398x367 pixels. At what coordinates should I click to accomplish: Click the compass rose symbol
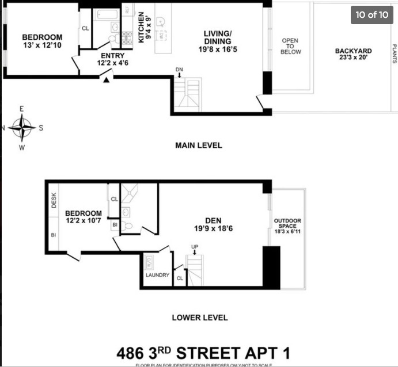[22, 128]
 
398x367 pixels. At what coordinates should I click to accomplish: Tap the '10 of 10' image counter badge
[372, 15]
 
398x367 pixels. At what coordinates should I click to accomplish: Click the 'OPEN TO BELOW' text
[290, 47]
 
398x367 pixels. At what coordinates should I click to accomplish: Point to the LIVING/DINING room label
[217, 41]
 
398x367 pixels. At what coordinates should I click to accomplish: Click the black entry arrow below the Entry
[106, 80]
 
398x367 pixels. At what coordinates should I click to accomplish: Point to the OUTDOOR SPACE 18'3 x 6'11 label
[287, 226]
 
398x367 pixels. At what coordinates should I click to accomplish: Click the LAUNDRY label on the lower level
[157, 275]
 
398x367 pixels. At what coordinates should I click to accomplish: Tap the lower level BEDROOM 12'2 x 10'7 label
[83, 216]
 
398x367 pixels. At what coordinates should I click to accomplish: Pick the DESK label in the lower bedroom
[54, 200]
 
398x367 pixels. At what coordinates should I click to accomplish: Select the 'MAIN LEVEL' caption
[199, 146]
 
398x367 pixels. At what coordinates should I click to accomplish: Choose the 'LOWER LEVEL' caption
[200, 318]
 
